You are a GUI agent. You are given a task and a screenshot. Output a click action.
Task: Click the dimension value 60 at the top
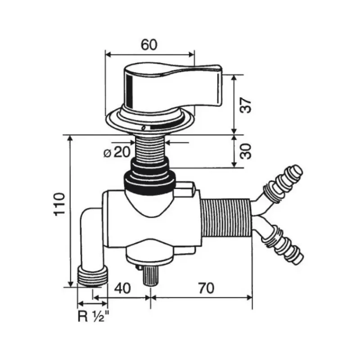coord(149,45)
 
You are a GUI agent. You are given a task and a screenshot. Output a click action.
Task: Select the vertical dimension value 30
coord(245,151)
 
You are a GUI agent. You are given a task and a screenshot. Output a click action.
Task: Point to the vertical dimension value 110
coord(59,204)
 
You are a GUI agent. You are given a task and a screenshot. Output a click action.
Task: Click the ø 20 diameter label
coord(117,152)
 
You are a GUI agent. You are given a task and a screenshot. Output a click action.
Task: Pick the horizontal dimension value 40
coord(122,288)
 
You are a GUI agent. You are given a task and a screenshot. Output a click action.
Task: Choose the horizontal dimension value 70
coord(206,288)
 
